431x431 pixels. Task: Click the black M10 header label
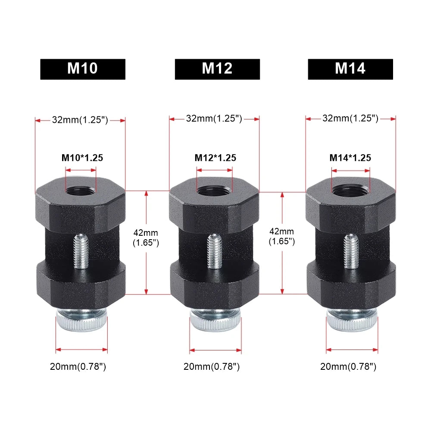click(82, 69)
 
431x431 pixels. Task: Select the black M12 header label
click(217, 69)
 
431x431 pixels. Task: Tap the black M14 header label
click(350, 69)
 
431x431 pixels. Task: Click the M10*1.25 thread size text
click(82, 158)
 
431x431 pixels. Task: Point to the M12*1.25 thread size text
click(215, 158)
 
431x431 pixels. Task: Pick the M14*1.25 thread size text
click(350, 158)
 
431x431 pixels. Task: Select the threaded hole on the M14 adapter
click(350, 190)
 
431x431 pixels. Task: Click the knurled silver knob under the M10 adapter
click(81, 322)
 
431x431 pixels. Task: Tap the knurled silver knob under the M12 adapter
click(215, 322)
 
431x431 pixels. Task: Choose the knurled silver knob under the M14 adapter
click(352, 322)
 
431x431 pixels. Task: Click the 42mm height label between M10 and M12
click(146, 237)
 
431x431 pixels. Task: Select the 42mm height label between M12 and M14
click(281, 237)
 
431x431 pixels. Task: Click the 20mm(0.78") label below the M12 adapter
click(211, 367)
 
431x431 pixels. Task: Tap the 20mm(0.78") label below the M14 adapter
click(348, 367)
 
